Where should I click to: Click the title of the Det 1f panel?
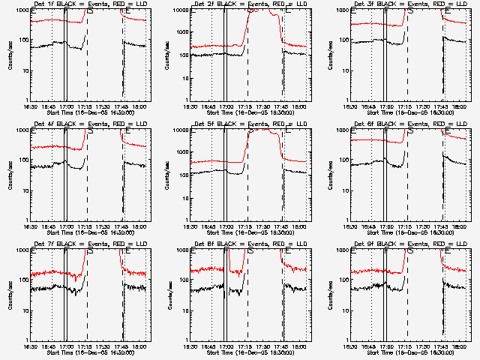89,4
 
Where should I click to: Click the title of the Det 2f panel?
250,4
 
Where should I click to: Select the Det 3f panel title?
410,4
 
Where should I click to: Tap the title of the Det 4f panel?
89,124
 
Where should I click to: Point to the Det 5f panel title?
250,124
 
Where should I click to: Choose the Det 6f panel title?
410,124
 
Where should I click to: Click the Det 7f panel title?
89,244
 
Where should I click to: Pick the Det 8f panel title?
250,244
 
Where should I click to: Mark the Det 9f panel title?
410,244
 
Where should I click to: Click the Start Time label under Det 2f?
250,112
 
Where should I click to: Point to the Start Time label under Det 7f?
89,352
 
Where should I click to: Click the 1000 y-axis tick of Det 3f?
346,11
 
